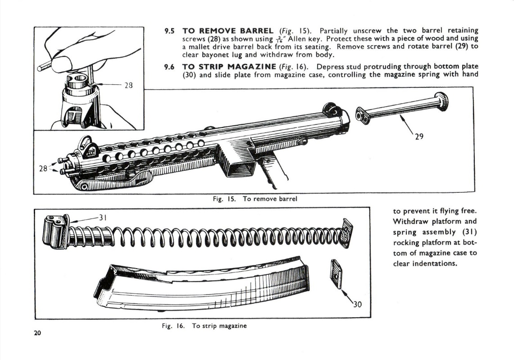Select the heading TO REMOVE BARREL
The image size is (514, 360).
click(227, 31)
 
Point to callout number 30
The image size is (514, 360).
click(357, 305)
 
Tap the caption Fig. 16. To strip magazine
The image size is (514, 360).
click(205, 325)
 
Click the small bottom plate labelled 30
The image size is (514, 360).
click(336, 274)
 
